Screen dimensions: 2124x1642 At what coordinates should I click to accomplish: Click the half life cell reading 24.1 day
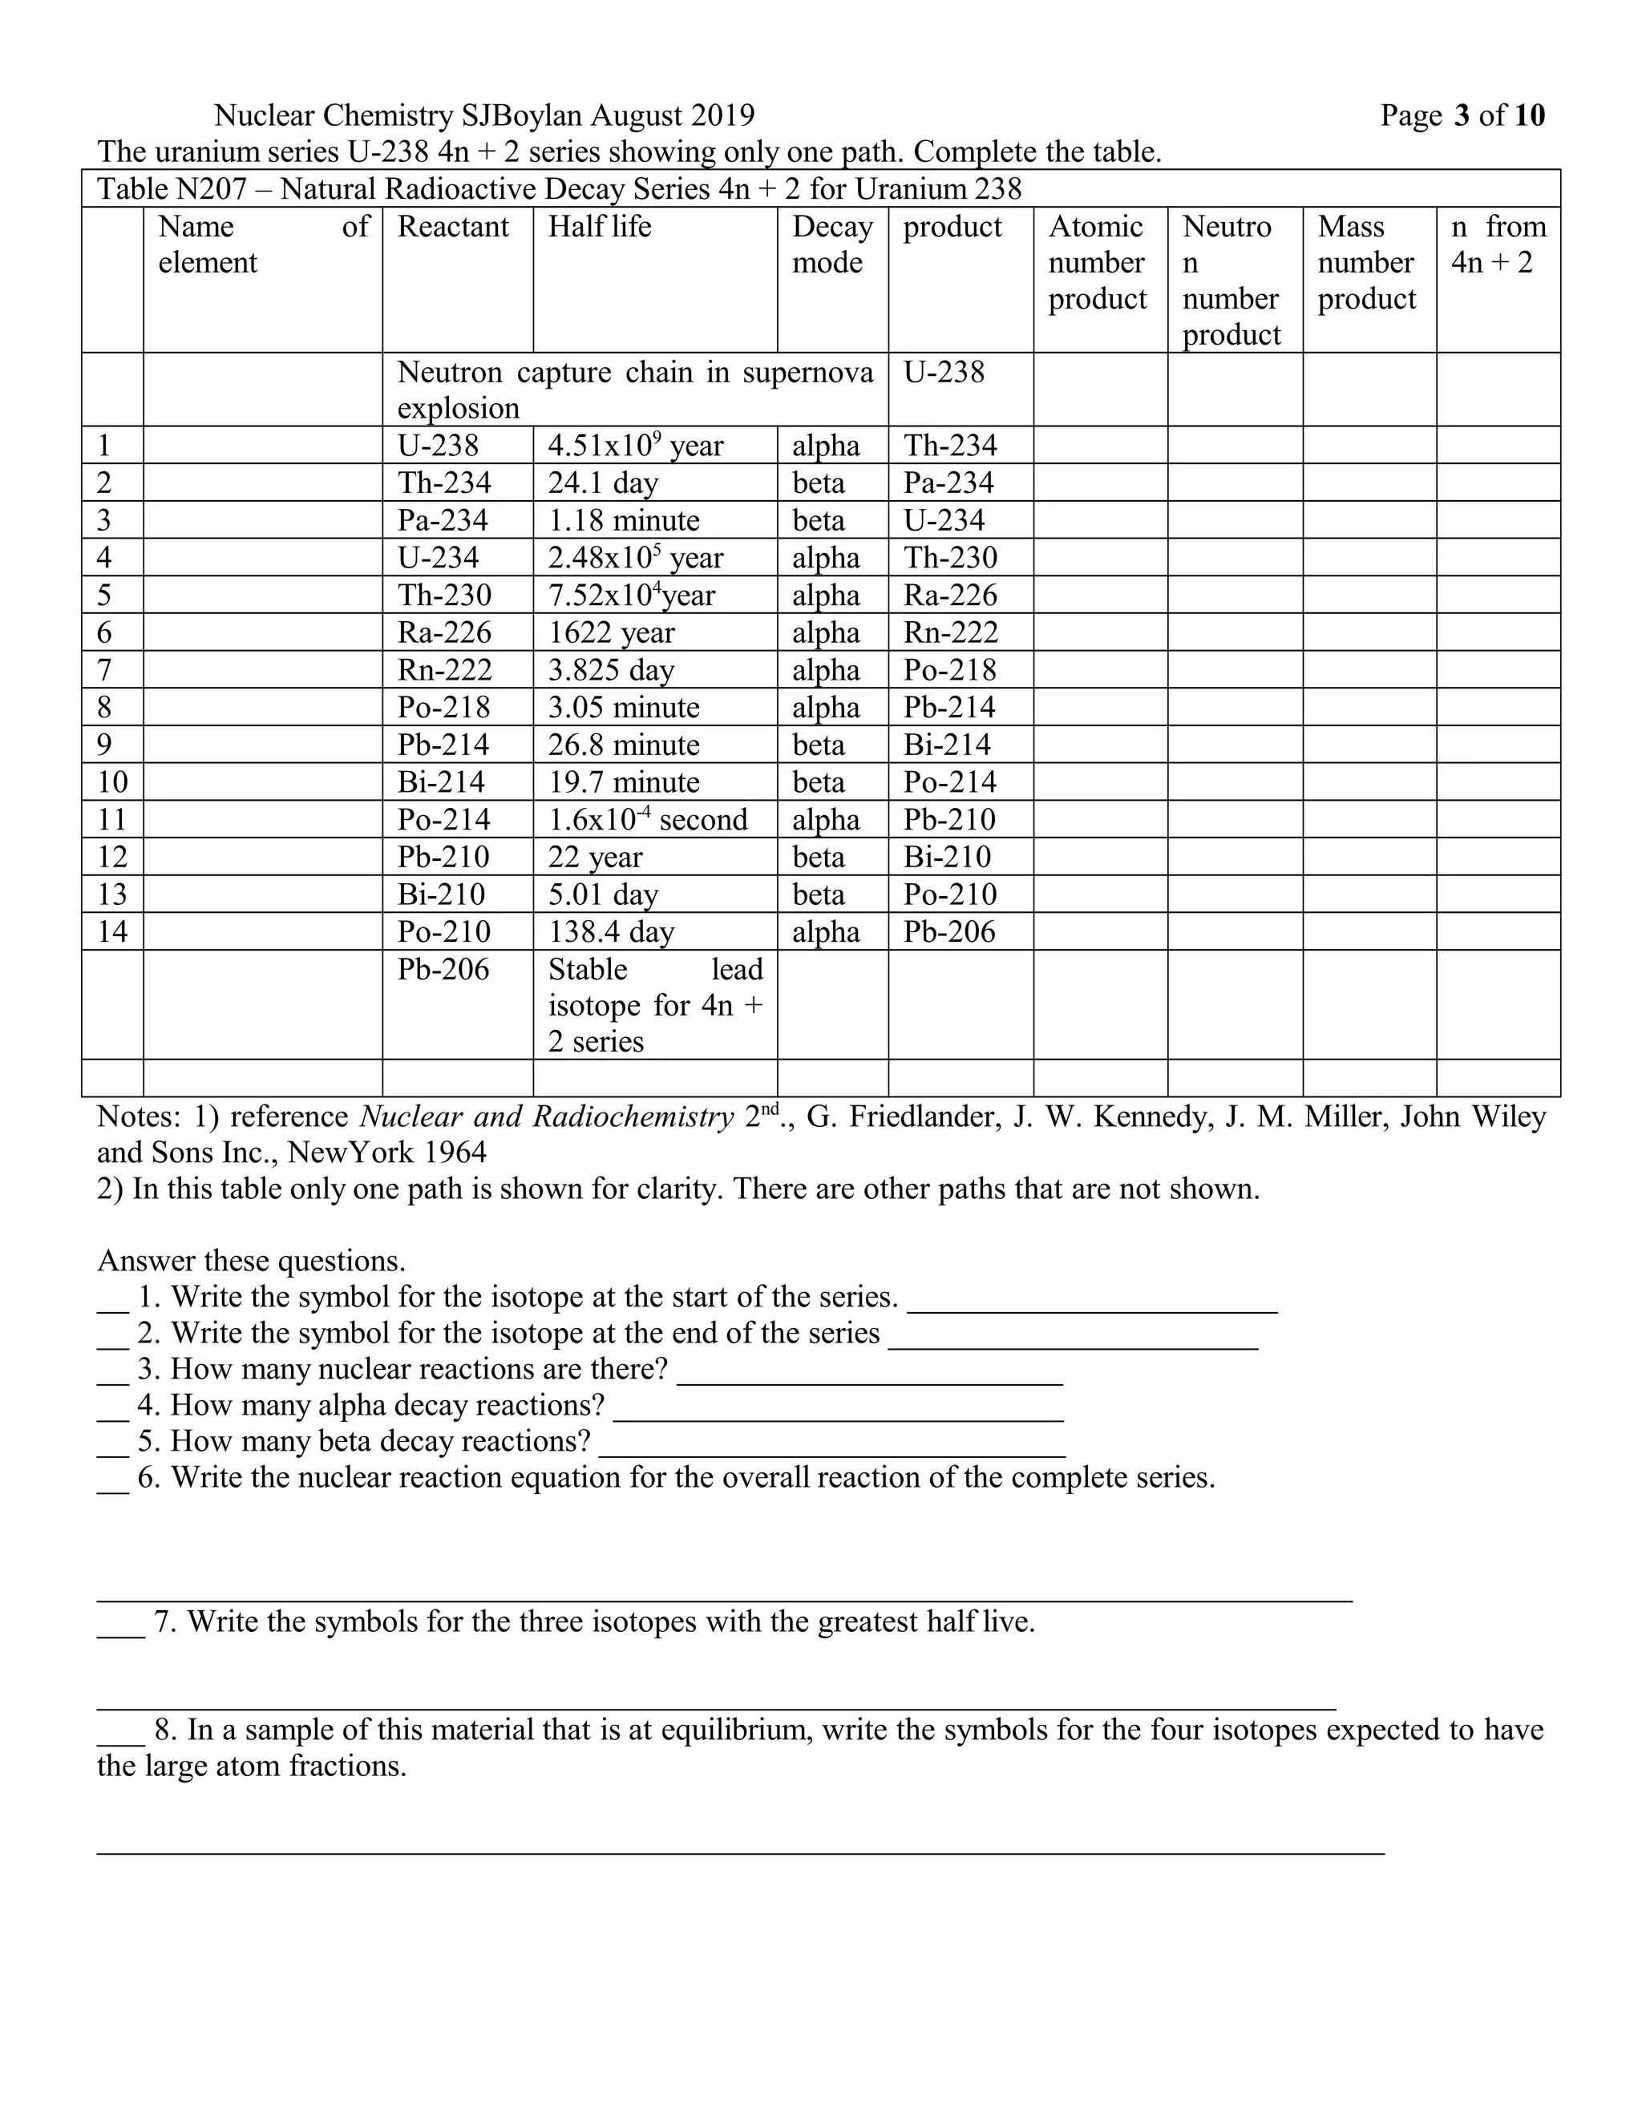(603, 483)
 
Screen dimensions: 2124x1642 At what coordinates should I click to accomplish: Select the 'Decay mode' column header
(831, 244)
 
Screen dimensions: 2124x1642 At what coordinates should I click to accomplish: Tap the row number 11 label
(112, 820)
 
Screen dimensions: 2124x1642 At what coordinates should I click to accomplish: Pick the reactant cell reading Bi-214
(441, 783)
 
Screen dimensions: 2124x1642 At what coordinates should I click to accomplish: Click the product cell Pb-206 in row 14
(949, 931)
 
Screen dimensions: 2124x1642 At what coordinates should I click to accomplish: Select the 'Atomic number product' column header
(1098, 263)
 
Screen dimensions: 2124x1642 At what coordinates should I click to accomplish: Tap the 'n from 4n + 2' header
(1497, 244)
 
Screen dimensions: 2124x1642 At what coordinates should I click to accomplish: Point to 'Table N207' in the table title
(172, 188)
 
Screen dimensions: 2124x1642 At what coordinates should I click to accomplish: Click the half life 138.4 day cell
(611, 931)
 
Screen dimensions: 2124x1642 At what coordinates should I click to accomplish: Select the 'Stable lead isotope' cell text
(655, 1004)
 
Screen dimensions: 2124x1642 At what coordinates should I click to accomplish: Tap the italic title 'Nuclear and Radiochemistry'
(546, 1117)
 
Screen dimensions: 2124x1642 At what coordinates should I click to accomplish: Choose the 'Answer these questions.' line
(251, 1261)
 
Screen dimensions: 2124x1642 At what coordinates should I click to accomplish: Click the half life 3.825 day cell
(611, 670)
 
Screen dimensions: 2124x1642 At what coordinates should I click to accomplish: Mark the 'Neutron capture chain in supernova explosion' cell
(634, 389)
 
